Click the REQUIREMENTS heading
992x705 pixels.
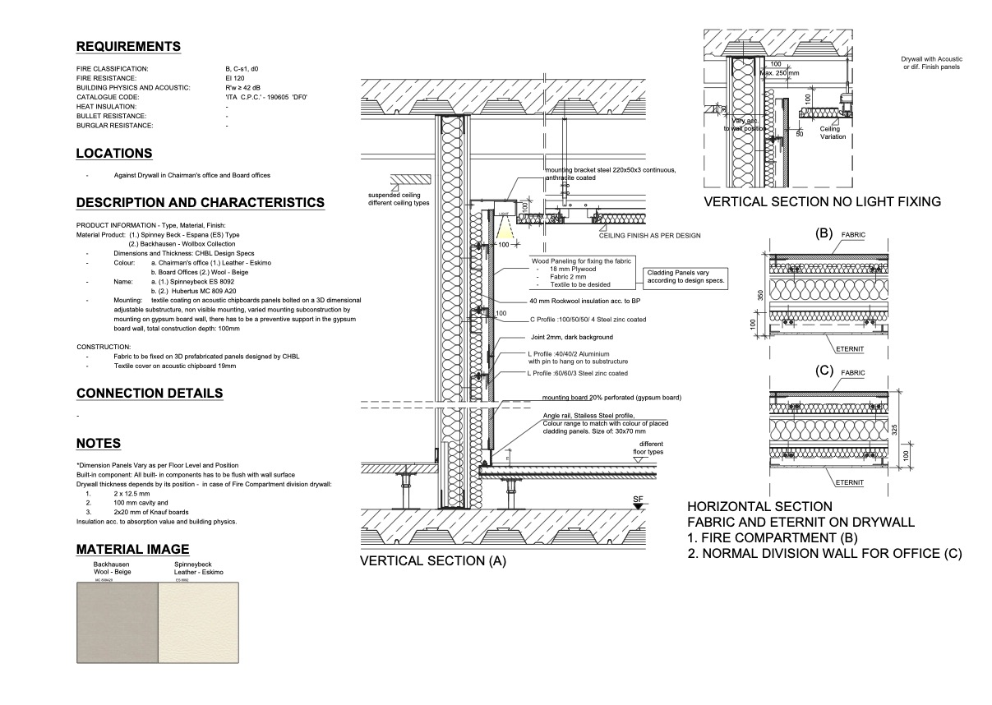tap(128, 46)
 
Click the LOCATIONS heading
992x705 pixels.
tap(114, 154)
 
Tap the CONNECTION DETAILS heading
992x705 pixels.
tap(150, 393)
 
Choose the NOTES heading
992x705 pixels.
tap(99, 444)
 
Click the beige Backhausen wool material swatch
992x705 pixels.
tap(116, 623)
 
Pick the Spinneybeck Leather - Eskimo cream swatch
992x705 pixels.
tap(198, 623)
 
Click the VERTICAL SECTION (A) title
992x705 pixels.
tap(433, 561)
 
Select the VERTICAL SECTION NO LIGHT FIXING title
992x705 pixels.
tap(822, 201)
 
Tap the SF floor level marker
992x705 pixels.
tap(638, 499)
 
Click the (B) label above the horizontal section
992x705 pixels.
tap(824, 233)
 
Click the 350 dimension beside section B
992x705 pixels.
tap(760, 294)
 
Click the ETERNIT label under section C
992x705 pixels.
tap(848, 483)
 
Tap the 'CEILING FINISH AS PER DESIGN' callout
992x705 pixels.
tap(649, 236)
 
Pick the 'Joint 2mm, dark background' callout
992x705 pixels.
tap(570, 337)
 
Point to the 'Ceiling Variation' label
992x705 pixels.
tap(833, 133)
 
